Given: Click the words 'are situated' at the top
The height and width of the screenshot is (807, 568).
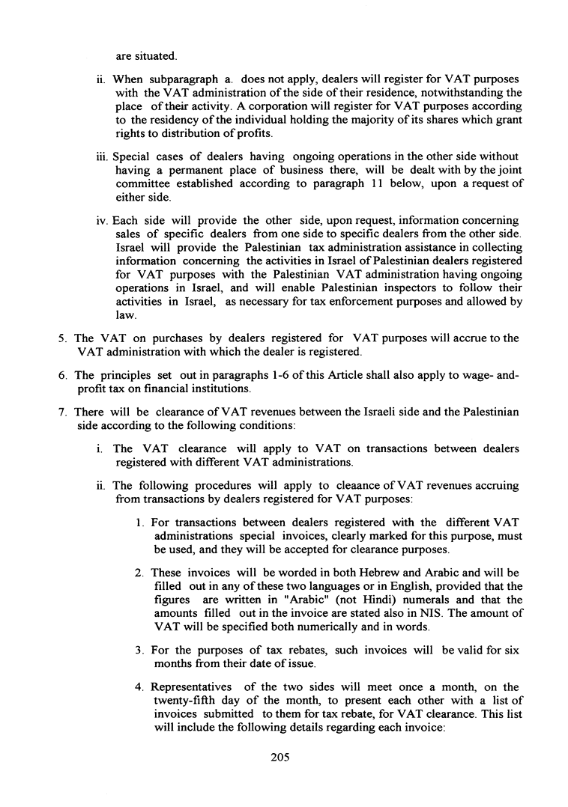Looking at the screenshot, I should point(145,56).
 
